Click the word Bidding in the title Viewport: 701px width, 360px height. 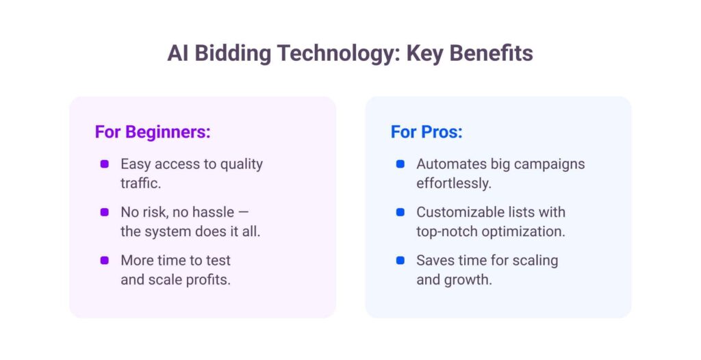pyautogui.click(x=233, y=53)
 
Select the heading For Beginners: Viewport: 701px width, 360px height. pyautogui.click(x=153, y=132)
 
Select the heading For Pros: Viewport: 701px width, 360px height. pyautogui.click(x=426, y=132)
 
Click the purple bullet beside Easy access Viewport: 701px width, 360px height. pyautogui.click(x=105, y=164)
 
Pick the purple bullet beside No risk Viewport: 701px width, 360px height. pyautogui.click(x=105, y=212)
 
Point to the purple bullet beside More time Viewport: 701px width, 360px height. pyautogui.click(x=105, y=260)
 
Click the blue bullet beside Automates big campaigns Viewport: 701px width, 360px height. pyautogui.click(x=400, y=164)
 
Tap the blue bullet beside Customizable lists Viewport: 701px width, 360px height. pyautogui.click(x=400, y=212)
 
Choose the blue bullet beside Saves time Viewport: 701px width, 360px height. pyautogui.click(x=400, y=260)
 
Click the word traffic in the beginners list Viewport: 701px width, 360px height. pyautogui.click(x=139, y=183)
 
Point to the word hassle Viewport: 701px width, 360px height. pyautogui.click(x=213, y=212)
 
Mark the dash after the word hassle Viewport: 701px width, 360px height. pyautogui.click(x=243, y=212)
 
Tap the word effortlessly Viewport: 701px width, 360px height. pyautogui.click(x=453, y=184)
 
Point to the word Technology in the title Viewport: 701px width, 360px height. pyautogui.click(x=337, y=53)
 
